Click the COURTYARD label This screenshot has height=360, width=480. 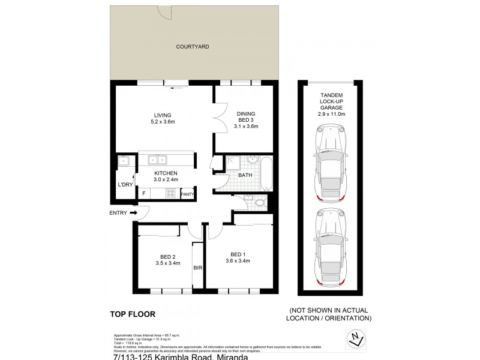click(x=192, y=46)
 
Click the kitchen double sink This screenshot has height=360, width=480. click(x=157, y=160)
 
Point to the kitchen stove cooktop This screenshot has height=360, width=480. click(x=170, y=193)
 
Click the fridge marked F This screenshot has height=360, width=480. click(x=144, y=193)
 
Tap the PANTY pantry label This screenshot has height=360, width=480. click(x=187, y=193)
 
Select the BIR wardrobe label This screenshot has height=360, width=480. click(x=197, y=268)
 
